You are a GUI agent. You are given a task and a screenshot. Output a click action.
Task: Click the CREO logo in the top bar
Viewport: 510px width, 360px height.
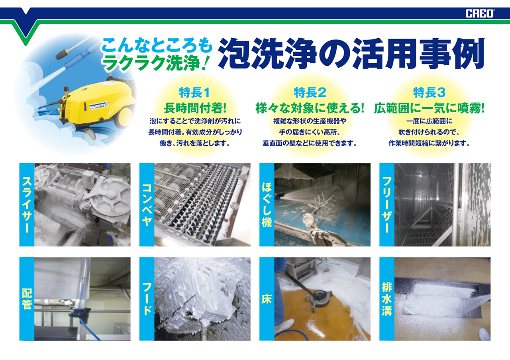click(479, 14)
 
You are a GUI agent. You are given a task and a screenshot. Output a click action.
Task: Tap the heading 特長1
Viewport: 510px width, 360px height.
click(194, 93)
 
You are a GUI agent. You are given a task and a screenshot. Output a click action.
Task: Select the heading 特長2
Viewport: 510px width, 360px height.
click(310, 93)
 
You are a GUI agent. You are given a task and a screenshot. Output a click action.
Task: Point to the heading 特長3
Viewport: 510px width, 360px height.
click(430, 93)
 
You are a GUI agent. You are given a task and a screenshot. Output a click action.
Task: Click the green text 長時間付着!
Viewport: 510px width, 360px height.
click(195, 108)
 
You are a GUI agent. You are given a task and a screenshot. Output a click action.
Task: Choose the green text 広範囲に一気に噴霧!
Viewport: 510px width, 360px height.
click(429, 108)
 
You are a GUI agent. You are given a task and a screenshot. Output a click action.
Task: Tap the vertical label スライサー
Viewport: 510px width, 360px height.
click(27, 205)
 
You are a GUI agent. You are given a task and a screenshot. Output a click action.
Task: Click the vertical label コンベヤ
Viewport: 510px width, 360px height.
click(147, 205)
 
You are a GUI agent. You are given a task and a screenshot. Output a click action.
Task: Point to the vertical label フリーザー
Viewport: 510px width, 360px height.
click(387, 205)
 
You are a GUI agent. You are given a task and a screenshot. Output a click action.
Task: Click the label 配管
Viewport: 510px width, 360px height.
click(27, 299)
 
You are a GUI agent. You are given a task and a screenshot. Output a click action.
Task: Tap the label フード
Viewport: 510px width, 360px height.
click(147, 299)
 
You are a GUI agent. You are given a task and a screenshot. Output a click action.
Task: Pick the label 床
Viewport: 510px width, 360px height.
click(267, 299)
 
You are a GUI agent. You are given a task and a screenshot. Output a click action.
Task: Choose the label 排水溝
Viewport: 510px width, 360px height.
click(387, 299)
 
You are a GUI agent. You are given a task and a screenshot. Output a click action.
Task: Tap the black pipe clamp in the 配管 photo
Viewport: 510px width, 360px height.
click(80, 313)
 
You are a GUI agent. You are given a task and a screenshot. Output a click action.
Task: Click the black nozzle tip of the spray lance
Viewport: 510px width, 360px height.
click(62, 53)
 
